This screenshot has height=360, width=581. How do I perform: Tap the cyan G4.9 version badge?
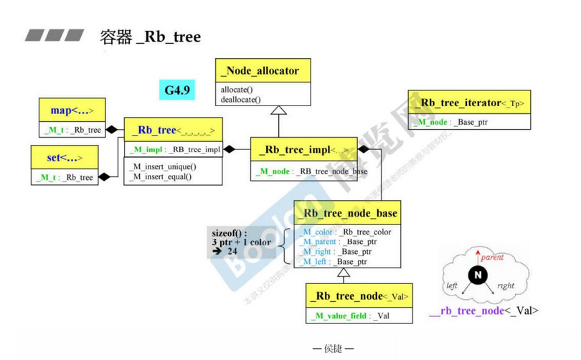pos(176,90)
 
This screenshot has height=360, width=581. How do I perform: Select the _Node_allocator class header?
pos(260,71)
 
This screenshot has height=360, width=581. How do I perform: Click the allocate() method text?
pos(237,89)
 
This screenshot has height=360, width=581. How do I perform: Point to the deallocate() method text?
pos(241,100)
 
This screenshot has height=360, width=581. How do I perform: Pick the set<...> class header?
pos(66,157)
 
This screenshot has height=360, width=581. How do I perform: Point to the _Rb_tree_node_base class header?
pos(349,214)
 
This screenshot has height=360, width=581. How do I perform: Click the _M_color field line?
pos(346,232)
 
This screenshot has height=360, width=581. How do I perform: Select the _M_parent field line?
pos(339,242)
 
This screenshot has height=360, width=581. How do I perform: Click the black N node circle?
pos(477,275)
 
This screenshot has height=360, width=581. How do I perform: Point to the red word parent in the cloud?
pos(491,257)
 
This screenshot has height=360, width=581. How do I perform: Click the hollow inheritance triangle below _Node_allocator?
pos(278,110)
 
